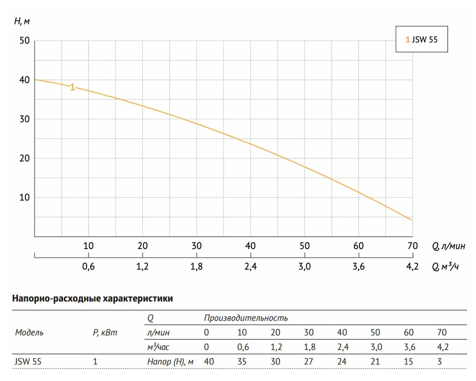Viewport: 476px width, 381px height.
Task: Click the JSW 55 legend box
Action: tap(421, 39)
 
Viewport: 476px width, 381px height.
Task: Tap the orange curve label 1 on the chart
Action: tap(73, 87)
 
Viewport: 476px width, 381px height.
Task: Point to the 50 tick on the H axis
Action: tap(25, 41)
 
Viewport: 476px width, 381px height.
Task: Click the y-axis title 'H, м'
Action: tap(22, 21)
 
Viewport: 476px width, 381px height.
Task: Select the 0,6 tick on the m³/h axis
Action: tap(89, 266)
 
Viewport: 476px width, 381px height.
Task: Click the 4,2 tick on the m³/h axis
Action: tap(412, 266)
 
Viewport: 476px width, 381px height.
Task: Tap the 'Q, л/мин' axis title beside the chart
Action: tap(448, 246)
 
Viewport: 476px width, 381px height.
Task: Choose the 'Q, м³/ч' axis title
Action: tap(445, 266)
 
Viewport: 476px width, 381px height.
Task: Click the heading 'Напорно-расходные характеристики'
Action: tap(93, 298)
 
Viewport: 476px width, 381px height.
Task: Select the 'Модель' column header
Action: tap(29, 332)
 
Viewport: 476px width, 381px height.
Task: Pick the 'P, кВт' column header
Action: tap(105, 332)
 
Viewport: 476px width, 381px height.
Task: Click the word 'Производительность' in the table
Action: tap(246, 318)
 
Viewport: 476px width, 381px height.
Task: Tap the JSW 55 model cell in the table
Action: tap(28, 361)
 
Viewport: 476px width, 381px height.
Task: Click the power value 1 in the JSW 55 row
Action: tap(95, 361)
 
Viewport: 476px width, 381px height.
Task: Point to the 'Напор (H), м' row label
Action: tap(170, 361)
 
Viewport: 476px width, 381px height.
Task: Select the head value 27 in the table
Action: tap(309, 361)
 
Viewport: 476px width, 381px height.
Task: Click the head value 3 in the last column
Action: tap(440, 361)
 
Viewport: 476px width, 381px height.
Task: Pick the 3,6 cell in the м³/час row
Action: tap(409, 347)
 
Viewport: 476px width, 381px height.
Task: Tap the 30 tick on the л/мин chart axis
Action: tap(196, 246)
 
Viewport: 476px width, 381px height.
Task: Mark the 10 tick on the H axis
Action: tap(25, 197)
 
